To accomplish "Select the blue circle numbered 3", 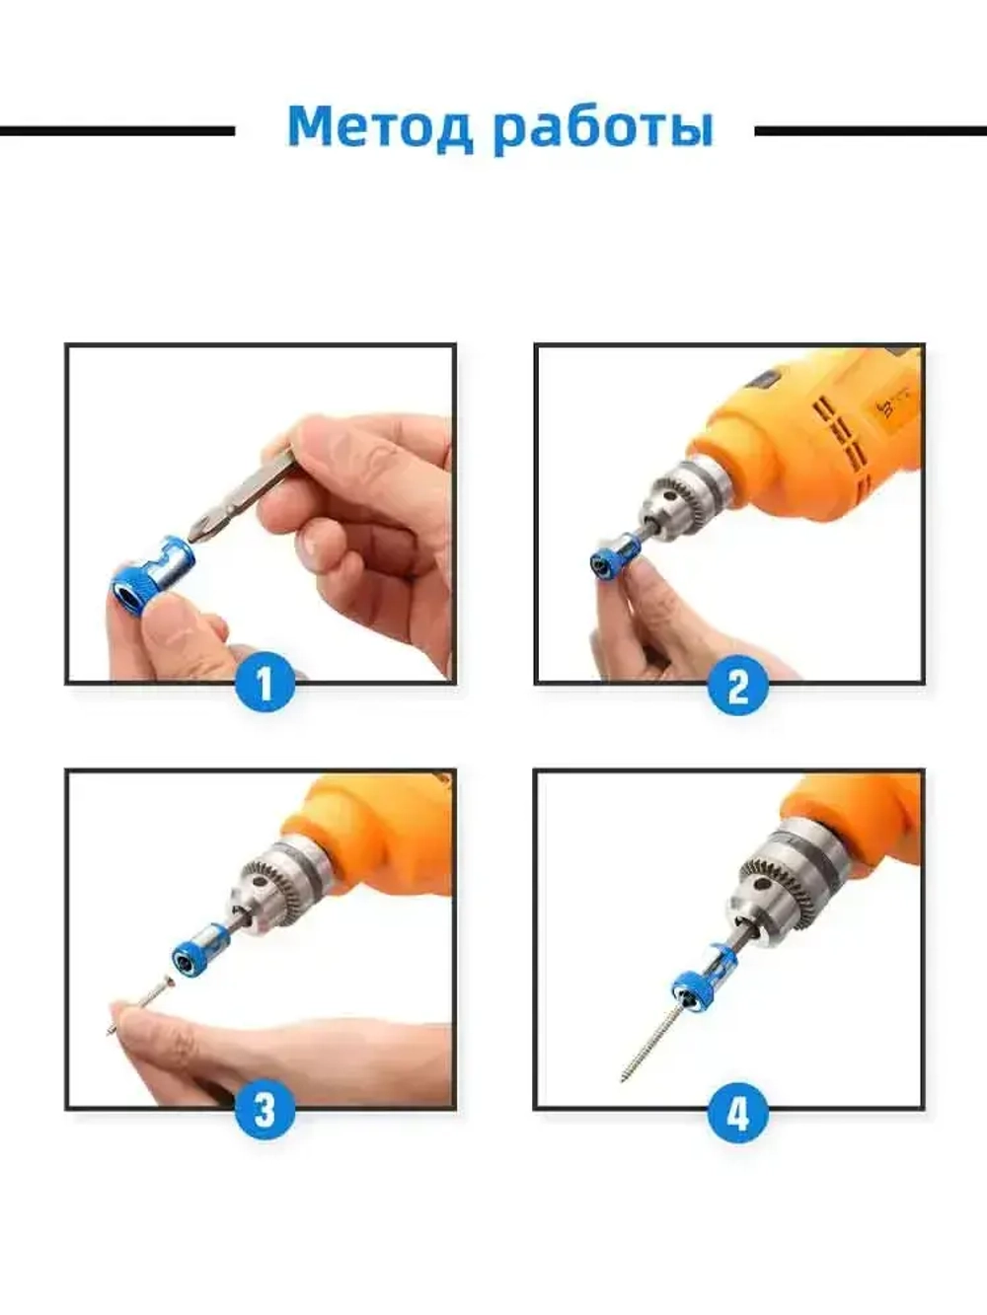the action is (265, 1110).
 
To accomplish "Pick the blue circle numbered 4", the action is (737, 1110).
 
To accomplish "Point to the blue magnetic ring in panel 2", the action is (617, 555).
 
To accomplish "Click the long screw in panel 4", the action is (652, 1046).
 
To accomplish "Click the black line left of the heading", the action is (117, 130).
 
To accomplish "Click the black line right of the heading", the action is (871, 130).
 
